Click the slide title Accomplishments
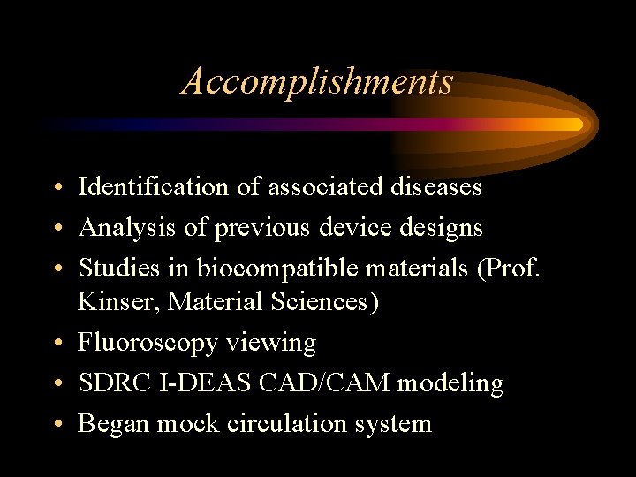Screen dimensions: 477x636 (317, 81)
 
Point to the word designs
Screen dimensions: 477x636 (439, 228)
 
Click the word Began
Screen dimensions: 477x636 (114, 423)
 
